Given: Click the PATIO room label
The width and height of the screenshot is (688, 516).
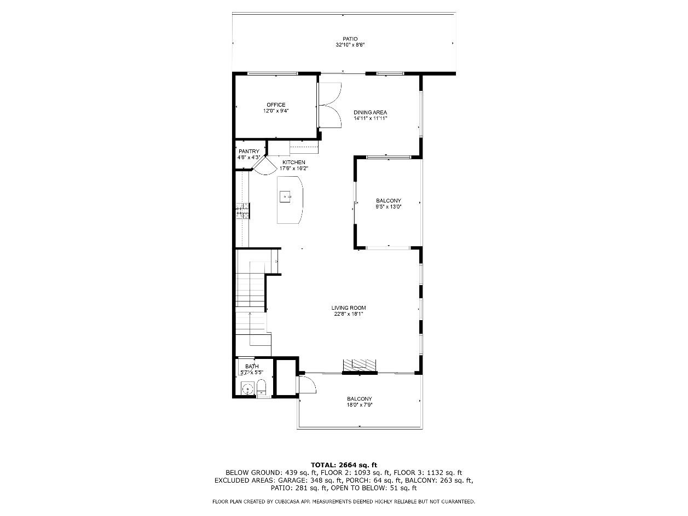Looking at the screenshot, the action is click(x=350, y=39).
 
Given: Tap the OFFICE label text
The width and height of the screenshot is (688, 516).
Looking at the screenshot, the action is click(x=276, y=105).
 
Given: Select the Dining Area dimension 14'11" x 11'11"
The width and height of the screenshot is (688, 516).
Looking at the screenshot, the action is click(x=370, y=118).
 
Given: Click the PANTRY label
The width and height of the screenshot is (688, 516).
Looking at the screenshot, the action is click(x=249, y=152).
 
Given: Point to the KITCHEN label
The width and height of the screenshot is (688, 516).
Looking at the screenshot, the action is click(x=294, y=163).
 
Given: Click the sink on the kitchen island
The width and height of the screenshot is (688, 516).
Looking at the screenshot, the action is click(x=285, y=196).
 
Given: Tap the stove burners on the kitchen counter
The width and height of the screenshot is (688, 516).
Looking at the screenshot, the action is click(x=242, y=211).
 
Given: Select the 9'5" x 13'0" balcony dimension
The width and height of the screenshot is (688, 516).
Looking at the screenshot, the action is click(x=389, y=206).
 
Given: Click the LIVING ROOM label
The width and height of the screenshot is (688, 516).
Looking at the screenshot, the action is click(x=349, y=308).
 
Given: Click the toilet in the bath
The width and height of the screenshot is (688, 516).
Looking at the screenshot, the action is click(x=261, y=388).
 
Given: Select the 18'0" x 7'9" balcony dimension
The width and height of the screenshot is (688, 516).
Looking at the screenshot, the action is click(x=359, y=404).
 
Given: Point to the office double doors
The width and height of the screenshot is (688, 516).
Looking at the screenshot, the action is click(x=329, y=105).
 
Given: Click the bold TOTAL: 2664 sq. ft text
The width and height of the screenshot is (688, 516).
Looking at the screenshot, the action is click(x=344, y=465).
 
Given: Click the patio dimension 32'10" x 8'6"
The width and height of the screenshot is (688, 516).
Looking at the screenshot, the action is click(x=350, y=45).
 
